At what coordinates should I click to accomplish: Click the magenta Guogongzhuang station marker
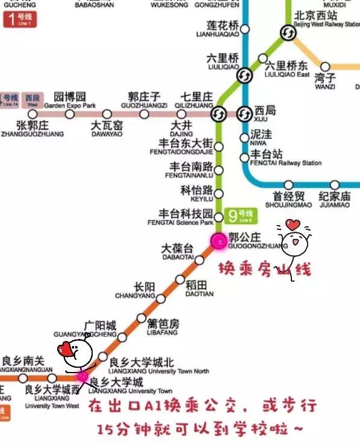tap(218, 241)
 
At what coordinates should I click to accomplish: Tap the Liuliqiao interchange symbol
tap(244, 75)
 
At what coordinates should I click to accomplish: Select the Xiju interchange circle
tap(244, 113)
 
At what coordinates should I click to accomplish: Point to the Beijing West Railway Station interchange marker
tap(287, 33)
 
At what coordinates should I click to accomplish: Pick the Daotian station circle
tap(180, 279)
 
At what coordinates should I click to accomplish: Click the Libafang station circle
tap(141, 318)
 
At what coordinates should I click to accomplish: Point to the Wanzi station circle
tap(325, 67)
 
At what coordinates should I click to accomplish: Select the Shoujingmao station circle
tap(289, 185)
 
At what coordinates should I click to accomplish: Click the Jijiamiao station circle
tap(335, 185)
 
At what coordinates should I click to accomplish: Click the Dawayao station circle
tap(107, 114)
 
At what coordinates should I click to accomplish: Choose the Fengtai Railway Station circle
tap(244, 158)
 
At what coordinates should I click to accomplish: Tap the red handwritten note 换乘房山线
tap(264, 269)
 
